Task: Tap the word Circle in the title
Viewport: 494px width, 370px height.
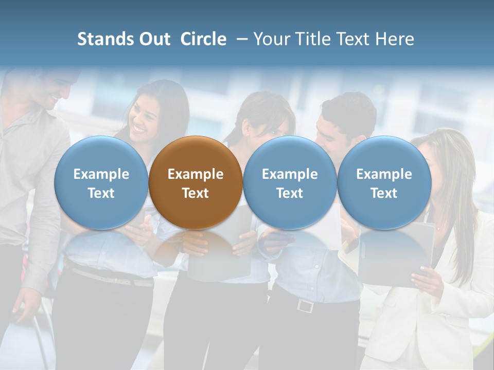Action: click(203, 39)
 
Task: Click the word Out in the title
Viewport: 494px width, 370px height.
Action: click(155, 39)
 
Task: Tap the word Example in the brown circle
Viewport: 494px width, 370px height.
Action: click(196, 174)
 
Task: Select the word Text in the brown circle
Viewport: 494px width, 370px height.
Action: click(196, 193)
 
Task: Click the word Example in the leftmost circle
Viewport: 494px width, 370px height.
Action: click(101, 174)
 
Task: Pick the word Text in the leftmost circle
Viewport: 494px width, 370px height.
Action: click(101, 193)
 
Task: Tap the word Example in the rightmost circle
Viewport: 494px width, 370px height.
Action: click(384, 174)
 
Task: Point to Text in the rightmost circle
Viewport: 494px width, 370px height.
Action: click(384, 193)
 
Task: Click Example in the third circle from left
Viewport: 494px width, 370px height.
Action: click(290, 174)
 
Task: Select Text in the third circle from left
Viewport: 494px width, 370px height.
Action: click(290, 193)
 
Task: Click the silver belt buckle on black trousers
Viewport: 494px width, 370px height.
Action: click(305, 306)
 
